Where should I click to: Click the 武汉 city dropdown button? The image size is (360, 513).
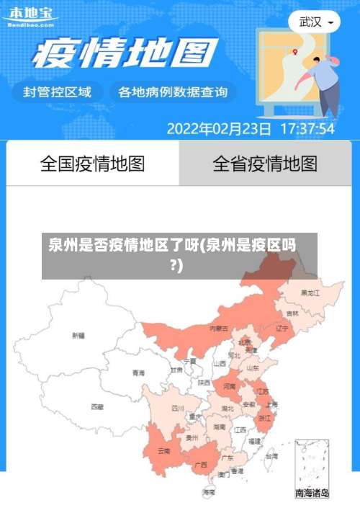tap(315, 22)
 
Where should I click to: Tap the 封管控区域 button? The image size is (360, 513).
tap(58, 92)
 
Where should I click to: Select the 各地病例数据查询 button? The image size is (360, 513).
tap(173, 92)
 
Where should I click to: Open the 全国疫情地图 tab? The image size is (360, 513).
tap(93, 164)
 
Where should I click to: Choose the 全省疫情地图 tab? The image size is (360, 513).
tap(265, 164)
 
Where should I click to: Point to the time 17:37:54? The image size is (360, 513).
tap(307, 129)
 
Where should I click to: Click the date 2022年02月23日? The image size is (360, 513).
tap(219, 129)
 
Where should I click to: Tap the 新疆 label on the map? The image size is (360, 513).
tap(78, 335)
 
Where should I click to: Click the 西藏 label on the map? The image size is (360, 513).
tap(96, 407)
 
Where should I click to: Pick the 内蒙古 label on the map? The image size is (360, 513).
tap(219, 329)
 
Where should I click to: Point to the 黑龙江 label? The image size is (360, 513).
tap(311, 293)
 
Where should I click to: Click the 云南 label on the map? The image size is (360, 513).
tap(164, 452)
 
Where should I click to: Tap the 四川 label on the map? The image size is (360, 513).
tap(178, 408)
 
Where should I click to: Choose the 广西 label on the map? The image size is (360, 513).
tap(201, 465)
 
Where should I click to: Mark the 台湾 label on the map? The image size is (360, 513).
tap(271, 456)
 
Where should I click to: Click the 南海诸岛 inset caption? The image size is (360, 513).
tap(312, 494)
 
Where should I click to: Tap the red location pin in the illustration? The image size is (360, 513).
tap(295, 51)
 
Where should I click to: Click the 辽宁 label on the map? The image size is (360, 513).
tap(282, 328)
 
